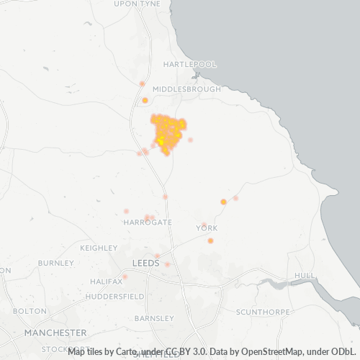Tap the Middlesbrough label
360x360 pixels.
[x=189, y=89]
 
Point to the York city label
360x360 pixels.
[x=207, y=228]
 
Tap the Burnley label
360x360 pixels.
[x=56, y=263]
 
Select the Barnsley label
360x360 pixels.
[x=154, y=318]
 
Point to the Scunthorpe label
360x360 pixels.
[x=263, y=312]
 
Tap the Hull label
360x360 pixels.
[x=305, y=276]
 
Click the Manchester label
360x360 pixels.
[x=55, y=333]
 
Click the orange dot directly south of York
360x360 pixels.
[x=210, y=240]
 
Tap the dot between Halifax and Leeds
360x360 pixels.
[x=125, y=276]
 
